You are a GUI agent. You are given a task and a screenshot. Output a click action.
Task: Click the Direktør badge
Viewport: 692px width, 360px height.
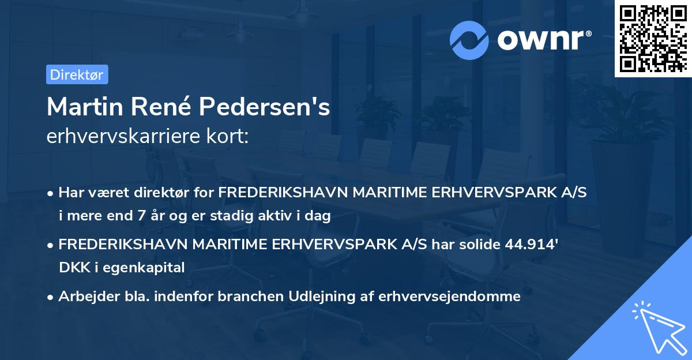click(77, 74)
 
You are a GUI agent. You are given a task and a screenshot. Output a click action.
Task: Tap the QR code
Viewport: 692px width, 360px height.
click(652, 39)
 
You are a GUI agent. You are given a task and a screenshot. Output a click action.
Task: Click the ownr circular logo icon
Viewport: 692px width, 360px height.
click(469, 40)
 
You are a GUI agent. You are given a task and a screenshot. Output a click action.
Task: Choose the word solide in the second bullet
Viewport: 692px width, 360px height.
click(475, 245)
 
